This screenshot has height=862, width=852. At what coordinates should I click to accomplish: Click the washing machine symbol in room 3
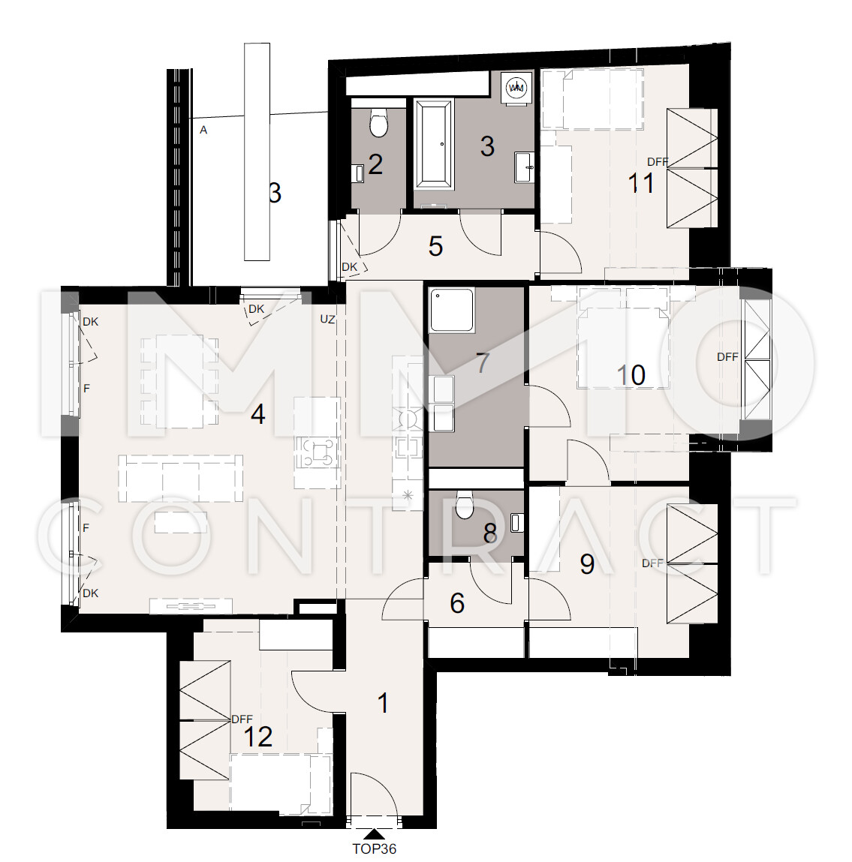pos(516,87)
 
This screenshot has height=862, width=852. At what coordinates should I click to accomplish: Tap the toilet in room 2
pos(378,122)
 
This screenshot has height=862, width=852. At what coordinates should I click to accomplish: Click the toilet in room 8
pos(465,504)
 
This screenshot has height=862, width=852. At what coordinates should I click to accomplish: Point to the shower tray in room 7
pos(452,310)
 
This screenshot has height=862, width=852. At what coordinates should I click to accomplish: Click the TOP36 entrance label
pos(374,848)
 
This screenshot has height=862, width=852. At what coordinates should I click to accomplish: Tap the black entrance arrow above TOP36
pos(374,834)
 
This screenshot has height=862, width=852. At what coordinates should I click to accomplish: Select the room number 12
pos(257,737)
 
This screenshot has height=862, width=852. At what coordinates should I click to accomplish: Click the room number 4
pos(258,414)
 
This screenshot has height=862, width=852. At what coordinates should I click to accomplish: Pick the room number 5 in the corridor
pos(435,246)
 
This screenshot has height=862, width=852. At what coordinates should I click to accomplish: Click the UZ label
pos(327,319)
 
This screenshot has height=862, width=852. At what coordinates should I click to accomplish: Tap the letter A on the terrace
pos(203,131)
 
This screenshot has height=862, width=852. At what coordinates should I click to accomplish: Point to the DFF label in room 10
pos(727,357)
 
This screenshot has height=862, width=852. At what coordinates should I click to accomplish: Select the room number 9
pos(588,564)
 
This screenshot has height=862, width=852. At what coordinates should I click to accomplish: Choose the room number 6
pos(457,603)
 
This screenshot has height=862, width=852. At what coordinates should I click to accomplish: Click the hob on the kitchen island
pos(317,452)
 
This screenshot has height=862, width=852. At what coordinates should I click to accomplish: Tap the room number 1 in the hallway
pos(383,703)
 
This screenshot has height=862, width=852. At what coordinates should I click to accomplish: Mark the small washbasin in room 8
pos(516,522)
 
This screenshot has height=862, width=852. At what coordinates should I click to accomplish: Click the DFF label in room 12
pos(242,719)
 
